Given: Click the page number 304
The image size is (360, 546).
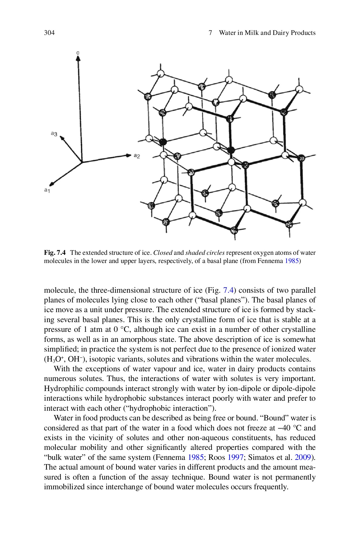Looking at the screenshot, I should (x=49, y=33).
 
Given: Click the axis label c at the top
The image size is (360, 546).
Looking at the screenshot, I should (x=78, y=53).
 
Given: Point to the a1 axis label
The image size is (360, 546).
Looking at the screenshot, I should (x=46, y=190).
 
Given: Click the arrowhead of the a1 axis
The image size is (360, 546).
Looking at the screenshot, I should (x=52, y=184).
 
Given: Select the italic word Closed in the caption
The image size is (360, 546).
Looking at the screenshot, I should (x=163, y=253).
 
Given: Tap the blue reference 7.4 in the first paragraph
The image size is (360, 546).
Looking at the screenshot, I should (x=228, y=290).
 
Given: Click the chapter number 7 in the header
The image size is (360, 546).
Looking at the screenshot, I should (x=210, y=33).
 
